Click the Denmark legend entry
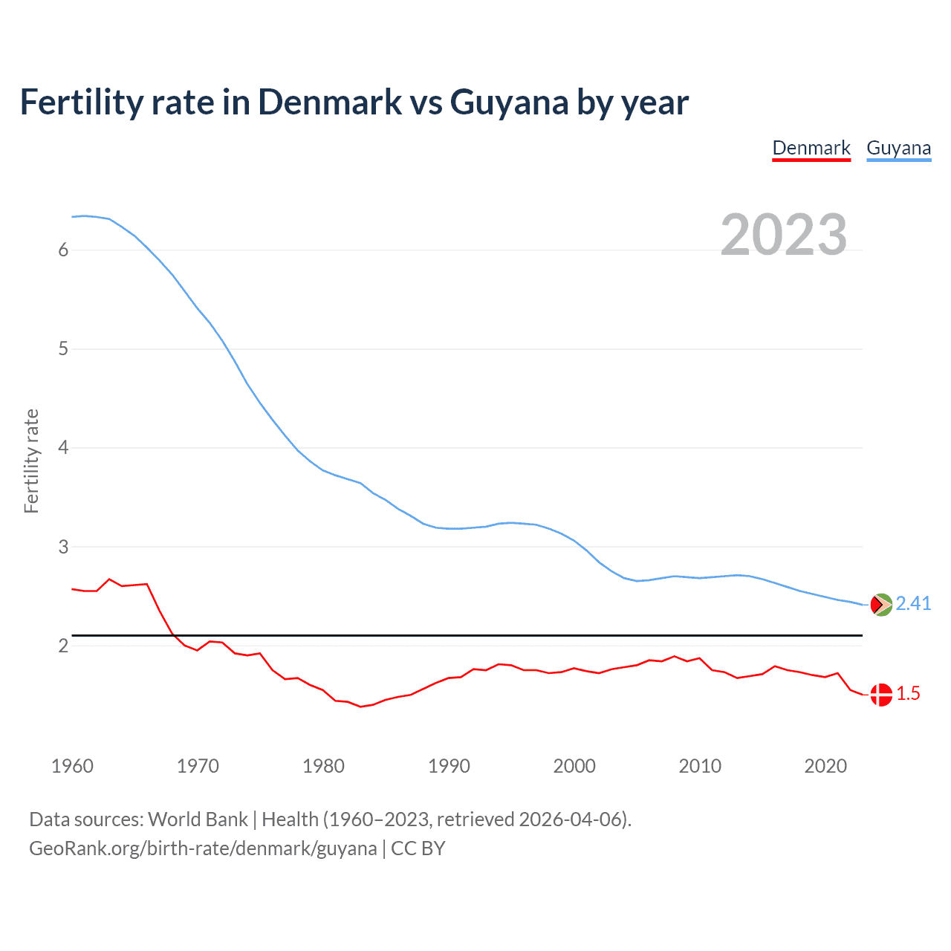pyautogui.click(x=811, y=148)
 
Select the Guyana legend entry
pyautogui.click(x=898, y=148)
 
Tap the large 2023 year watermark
pyautogui.click(x=783, y=235)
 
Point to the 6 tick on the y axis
pyautogui.click(x=63, y=250)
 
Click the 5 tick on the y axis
pyautogui.click(x=63, y=348)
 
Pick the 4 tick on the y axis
pyautogui.click(x=63, y=447)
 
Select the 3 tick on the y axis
pyautogui.click(x=63, y=547)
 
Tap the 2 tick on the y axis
pyautogui.click(x=63, y=646)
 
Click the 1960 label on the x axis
pyautogui.click(x=72, y=766)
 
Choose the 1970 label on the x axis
pyautogui.click(x=198, y=766)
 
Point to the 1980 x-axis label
pyautogui.click(x=323, y=766)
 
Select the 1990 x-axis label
pyautogui.click(x=449, y=766)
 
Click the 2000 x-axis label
pyautogui.click(x=574, y=766)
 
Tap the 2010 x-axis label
pyautogui.click(x=700, y=766)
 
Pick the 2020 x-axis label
pyautogui.click(x=825, y=766)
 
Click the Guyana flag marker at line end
pyautogui.click(x=880, y=605)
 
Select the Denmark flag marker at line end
pyautogui.click(x=880, y=695)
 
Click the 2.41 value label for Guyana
pyautogui.click(x=913, y=603)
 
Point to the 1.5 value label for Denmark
pyautogui.click(x=908, y=694)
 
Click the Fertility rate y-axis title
pyautogui.click(x=31, y=461)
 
